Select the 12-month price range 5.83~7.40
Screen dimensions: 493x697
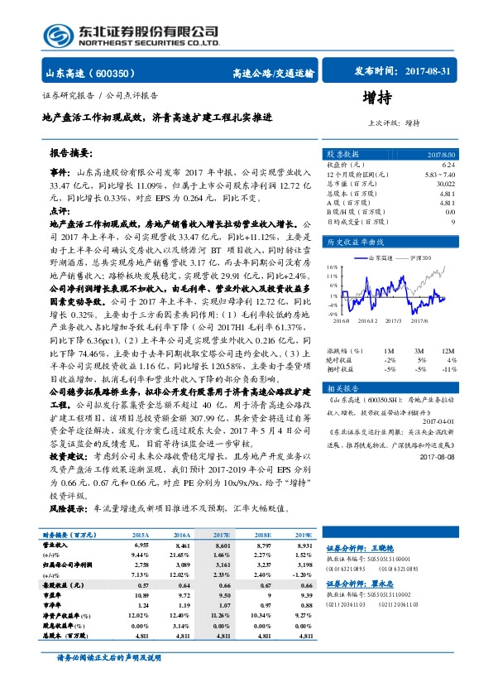pos(438,175)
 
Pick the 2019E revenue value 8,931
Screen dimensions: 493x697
pos(304,547)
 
